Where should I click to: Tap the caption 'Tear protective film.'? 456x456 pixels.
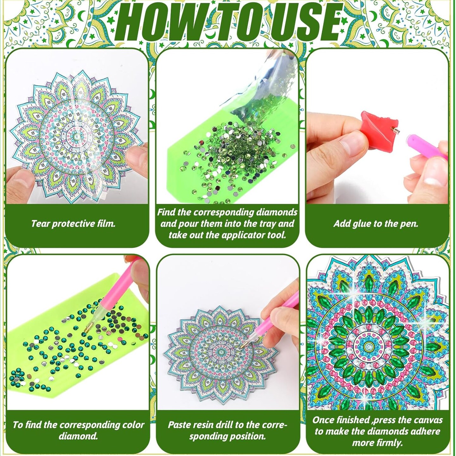click(73, 224)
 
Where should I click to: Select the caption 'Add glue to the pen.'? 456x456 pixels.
click(376, 224)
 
